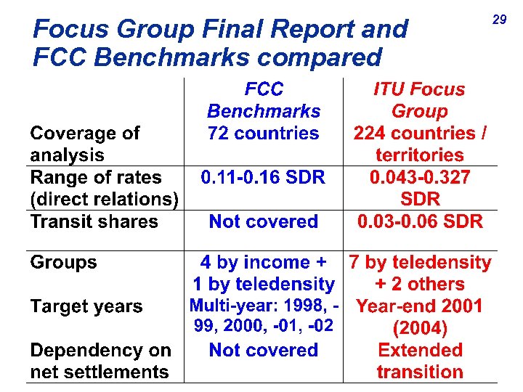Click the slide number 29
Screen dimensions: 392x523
(499, 20)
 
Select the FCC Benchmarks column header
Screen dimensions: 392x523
(264, 100)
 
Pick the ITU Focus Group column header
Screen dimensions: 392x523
(419, 100)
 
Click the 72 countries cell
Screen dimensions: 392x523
(264, 134)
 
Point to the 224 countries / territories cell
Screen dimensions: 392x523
(419, 144)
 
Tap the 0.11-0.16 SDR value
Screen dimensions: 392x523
(264, 177)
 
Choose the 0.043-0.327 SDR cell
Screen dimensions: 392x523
(419, 188)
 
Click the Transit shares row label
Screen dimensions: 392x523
(94, 221)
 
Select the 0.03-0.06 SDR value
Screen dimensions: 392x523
(419, 221)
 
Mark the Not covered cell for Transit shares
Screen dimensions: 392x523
(264, 221)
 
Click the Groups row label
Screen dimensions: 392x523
(63, 263)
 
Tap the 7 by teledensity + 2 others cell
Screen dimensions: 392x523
(419, 273)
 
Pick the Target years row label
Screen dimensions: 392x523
(86, 306)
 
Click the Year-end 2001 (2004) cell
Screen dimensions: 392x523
(419, 317)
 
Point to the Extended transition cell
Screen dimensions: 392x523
(419, 361)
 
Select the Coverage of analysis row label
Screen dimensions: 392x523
(85, 144)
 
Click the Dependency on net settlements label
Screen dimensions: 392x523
(100, 361)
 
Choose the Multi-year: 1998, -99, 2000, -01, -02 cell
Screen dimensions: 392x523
(264, 317)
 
